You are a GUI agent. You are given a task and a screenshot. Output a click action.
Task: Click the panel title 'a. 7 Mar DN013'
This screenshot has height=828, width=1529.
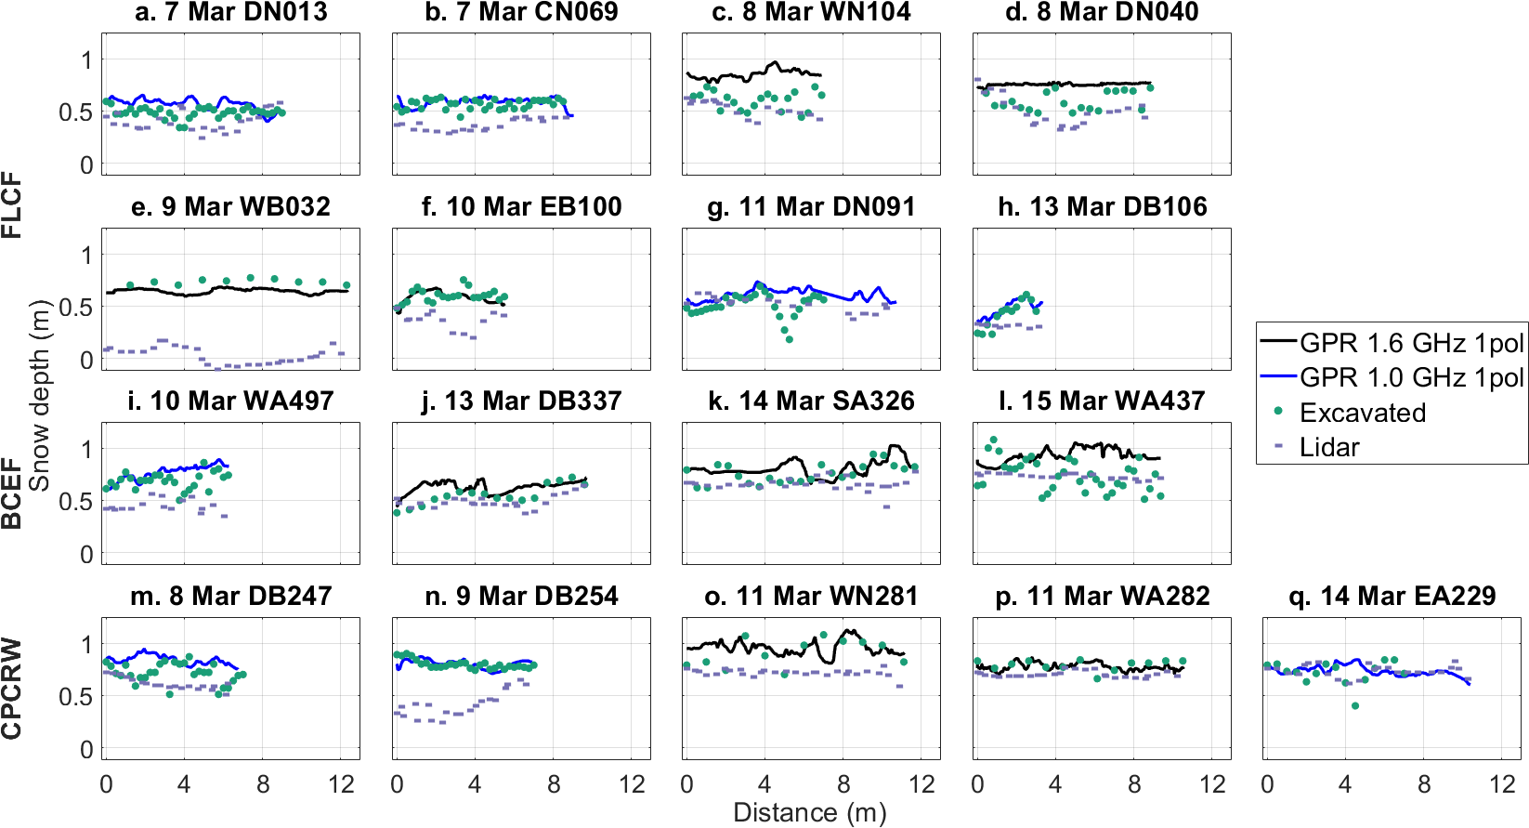pyautogui.click(x=231, y=12)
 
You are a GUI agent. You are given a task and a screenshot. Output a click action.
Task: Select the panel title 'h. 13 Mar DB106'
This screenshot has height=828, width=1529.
pyautogui.click(x=1103, y=206)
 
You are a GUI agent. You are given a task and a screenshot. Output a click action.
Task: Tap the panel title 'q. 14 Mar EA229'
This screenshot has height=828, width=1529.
pyautogui.click(x=1392, y=596)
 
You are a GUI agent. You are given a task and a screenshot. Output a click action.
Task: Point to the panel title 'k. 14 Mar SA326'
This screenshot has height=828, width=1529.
pyautogui.click(x=811, y=401)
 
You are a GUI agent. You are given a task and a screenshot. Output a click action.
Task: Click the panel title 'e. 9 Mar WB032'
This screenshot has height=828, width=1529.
pyautogui.click(x=231, y=206)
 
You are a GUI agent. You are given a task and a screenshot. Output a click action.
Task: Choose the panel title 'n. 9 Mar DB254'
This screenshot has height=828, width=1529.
pyautogui.click(x=521, y=596)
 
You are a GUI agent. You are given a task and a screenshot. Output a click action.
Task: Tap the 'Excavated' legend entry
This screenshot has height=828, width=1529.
pyautogui.click(x=1362, y=413)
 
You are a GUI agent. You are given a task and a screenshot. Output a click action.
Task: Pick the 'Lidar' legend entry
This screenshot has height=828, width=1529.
pyautogui.click(x=1329, y=447)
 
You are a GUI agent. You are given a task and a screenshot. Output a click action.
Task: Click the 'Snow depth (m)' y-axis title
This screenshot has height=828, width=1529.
pyautogui.click(x=39, y=395)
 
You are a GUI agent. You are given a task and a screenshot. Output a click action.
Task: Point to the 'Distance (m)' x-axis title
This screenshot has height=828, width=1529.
pyautogui.click(x=810, y=813)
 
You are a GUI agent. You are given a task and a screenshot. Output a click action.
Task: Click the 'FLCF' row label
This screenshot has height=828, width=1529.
pyautogui.click(x=12, y=205)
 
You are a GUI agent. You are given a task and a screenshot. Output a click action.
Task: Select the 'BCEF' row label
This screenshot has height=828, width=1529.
pyautogui.click(x=12, y=493)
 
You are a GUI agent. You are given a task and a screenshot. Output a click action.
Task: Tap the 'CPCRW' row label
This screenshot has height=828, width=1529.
pyautogui.click(x=12, y=689)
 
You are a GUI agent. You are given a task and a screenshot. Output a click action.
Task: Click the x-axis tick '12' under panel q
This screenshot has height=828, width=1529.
pyautogui.click(x=1502, y=785)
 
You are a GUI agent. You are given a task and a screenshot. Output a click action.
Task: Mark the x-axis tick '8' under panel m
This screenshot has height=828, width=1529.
pyautogui.click(x=263, y=785)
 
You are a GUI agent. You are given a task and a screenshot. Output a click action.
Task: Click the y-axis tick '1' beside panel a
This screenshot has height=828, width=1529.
pyautogui.click(x=87, y=60)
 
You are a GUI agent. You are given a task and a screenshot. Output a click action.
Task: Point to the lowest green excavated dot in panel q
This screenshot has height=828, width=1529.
pyautogui.click(x=1355, y=706)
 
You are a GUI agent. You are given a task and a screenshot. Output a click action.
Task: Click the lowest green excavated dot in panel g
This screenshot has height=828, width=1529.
pyautogui.click(x=790, y=339)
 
